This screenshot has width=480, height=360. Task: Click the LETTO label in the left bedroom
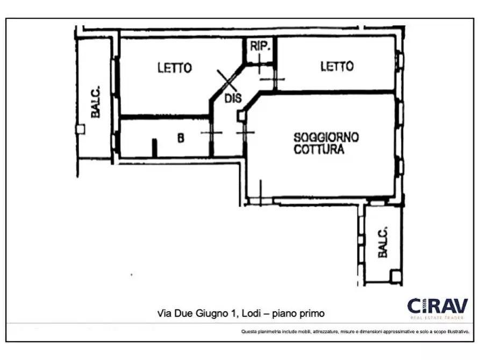coord(174,68)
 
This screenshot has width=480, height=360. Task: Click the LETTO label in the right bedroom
coord(337,66)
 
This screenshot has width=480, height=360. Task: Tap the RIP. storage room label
coord(260,46)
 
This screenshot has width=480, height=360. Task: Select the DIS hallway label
coord(233,98)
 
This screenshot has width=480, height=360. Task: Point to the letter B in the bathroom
coord(181,138)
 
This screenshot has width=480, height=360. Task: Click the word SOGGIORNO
coord(326,138)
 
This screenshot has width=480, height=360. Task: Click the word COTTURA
coord(319,150)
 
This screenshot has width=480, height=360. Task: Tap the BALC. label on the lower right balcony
coord(383,243)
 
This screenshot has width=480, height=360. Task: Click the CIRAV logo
coord(437,306)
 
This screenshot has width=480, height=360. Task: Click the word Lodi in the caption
coord(252,313)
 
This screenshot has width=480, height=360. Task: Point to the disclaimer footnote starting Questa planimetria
coord(355,332)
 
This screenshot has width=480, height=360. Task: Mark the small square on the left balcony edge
coord(80,129)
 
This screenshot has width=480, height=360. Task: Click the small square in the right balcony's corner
coord(396,276)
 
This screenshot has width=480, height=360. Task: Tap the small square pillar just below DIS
coord(241,116)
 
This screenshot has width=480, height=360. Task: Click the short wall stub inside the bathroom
coord(154,148)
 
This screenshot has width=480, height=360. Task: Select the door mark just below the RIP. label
coord(260,66)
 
